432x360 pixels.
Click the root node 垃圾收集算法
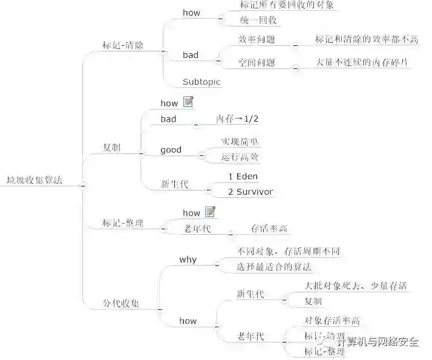click(x=34, y=180)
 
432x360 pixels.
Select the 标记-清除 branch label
click(x=123, y=45)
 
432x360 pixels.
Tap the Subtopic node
click(x=201, y=82)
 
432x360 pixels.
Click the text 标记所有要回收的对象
click(x=278, y=5)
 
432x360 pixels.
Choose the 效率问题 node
click(x=257, y=39)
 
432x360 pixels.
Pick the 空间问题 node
click(x=257, y=62)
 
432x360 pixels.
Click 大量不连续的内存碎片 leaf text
click(x=361, y=62)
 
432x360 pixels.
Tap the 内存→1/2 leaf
click(x=238, y=119)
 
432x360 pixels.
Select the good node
click(x=171, y=149)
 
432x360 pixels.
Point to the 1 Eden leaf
click(x=243, y=176)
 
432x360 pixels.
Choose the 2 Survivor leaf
click(x=250, y=192)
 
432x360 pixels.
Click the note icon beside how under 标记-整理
click(x=210, y=212)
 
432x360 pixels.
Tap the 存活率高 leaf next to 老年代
click(x=269, y=229)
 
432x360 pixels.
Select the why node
click(x=188, y=260)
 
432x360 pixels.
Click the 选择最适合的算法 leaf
click(x=275, y=267)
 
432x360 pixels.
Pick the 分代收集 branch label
click(x=121, y=303)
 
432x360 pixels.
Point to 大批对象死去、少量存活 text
click(x=355, y=286)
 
